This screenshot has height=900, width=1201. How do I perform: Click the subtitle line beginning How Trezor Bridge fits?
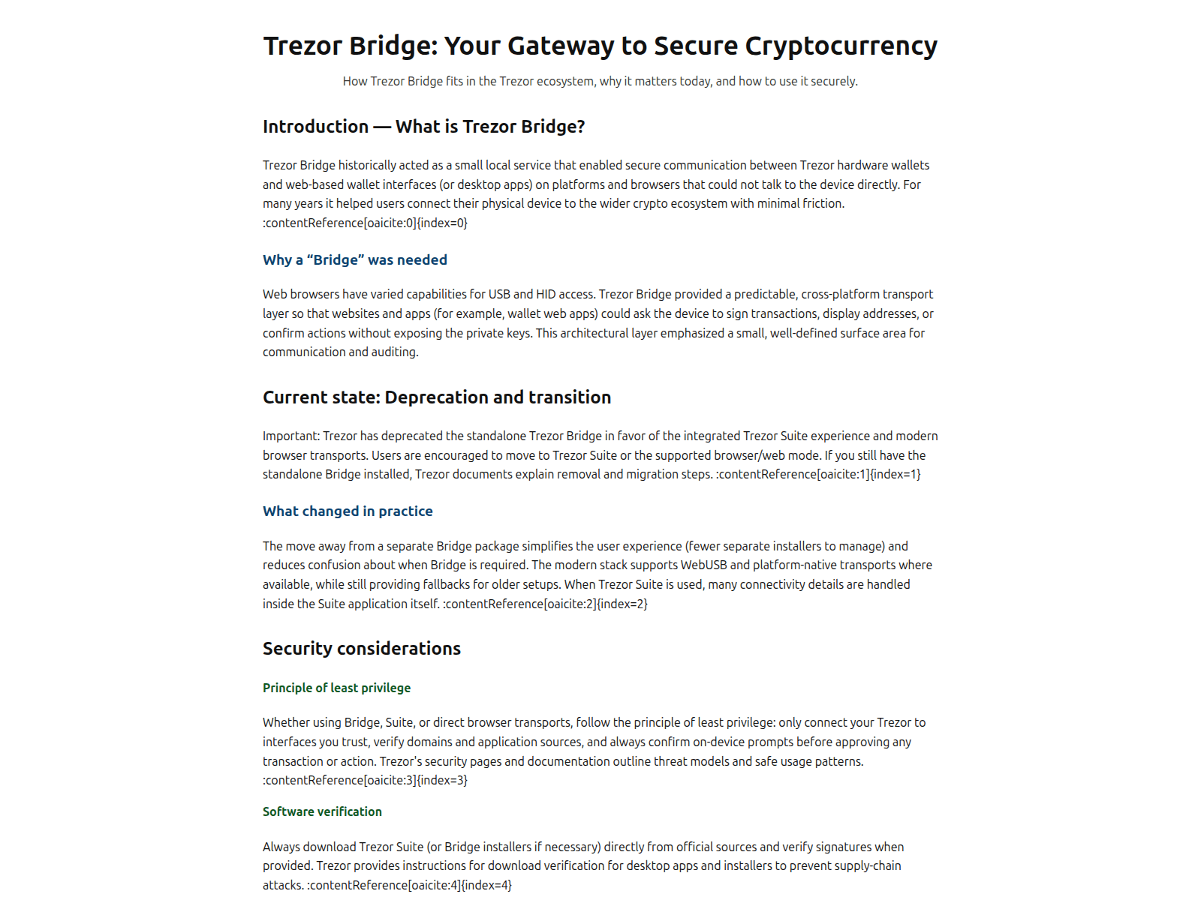[600, 81]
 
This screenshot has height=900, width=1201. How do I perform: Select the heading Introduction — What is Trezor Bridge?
[423, 127]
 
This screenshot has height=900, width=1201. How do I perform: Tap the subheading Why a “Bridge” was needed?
[354, 260]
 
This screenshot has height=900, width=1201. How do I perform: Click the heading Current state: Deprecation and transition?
[436, 397]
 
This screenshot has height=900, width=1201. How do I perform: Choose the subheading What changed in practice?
[348, 511]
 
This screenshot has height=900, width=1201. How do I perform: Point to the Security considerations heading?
[361, 649]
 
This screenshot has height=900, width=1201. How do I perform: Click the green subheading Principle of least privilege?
[336, 688]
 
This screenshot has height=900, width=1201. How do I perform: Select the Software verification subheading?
[322, 812]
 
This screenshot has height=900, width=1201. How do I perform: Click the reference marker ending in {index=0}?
[365, 223]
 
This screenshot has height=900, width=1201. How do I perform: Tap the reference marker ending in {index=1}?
[818, 474]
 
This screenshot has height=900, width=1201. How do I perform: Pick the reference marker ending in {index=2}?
[545, 604]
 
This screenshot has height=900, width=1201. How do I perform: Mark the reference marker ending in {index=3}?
[365, 781]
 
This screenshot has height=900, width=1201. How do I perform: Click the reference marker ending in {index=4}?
[409, 886]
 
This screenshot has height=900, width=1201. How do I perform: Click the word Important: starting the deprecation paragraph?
[291, 436]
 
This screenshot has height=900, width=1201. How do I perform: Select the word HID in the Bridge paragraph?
[546, 295]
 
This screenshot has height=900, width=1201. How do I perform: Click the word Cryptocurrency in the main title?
[841, 46]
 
